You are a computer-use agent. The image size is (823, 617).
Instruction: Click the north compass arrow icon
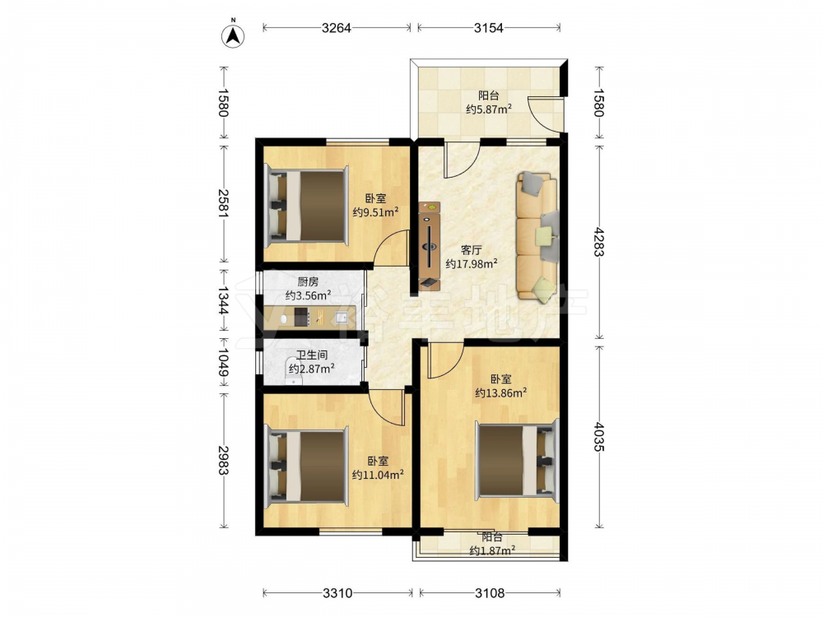[234, 35]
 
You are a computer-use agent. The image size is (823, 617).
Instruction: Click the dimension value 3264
[337, 28]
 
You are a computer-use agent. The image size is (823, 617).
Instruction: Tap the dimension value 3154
[489, 28]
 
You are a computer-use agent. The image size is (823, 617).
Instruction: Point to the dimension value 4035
[599, 436]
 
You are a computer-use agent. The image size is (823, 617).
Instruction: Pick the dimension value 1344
[224, 300]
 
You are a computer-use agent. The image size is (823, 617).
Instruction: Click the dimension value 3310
[337, 593]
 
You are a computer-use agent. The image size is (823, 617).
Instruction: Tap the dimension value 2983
[224, 460]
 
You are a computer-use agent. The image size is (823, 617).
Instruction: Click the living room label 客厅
[471, 250]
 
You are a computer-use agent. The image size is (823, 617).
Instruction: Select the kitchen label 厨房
[308, 281]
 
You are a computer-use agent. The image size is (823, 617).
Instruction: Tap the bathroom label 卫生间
[312, 355]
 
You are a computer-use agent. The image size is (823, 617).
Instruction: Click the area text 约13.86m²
[501, 392]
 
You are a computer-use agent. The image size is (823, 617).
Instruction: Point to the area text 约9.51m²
[376, 212]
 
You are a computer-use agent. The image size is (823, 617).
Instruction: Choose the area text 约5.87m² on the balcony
[489, 109]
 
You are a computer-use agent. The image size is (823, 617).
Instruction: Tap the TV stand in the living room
[430, 245]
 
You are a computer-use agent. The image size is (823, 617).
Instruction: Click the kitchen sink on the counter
[342, 318]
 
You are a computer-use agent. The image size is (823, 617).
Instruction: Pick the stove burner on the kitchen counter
[300, 317]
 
